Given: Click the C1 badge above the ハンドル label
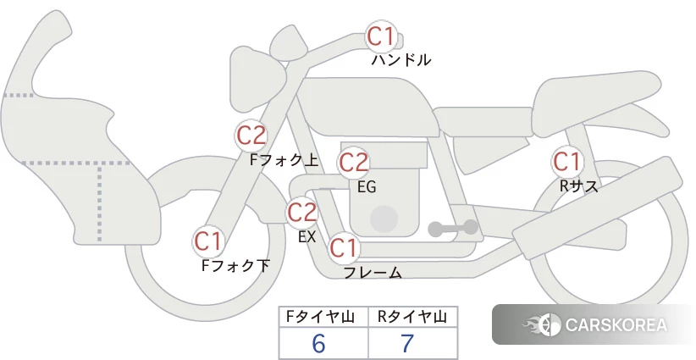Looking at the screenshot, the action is tap(381, 36).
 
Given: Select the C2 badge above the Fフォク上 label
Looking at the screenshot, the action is tap(251, 136).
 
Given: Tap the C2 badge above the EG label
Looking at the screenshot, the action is tap(353, 163).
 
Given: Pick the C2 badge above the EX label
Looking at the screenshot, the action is tap(301, 212).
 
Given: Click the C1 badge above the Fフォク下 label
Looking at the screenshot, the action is tap(207, 241).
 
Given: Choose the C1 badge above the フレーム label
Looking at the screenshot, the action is tap(344, 247).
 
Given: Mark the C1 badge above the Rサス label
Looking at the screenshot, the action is tap(566, 162).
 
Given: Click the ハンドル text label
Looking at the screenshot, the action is tap(401, 59).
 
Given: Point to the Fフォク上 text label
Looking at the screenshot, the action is tap(284, 159).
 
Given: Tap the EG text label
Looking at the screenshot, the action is tap(367, 187).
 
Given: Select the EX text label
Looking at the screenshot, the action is tap(307, 236).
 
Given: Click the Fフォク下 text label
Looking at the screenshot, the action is tap(235, 265).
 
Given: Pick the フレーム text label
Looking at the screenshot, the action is tap(373, 273).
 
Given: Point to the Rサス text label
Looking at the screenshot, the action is tap(578, 186).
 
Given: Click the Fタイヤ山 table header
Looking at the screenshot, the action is tap(320, 317).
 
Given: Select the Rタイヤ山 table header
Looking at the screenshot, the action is tap(412, 317).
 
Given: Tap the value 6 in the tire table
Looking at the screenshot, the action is tap(318, 343).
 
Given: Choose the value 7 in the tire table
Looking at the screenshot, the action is tap(407, 343).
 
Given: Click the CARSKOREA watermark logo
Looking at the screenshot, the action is tap(594, 324).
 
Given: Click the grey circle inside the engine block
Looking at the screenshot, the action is tap(384, 219).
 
